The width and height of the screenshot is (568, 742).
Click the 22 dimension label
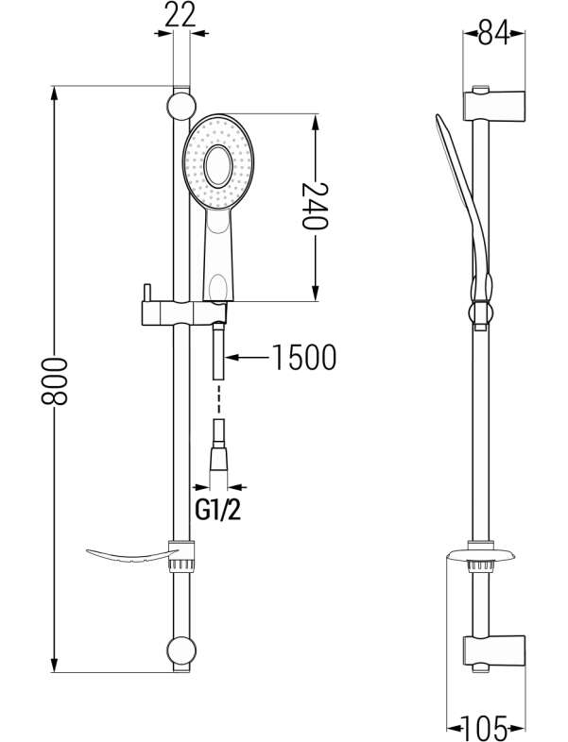click(x=181, y=15)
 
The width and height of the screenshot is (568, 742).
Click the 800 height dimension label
click(x=55, y=381)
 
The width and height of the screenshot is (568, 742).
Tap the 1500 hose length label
click(x=304, y=357)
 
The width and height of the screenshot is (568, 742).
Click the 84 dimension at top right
click(x=493, y=33)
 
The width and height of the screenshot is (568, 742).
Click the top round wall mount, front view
click(x=181, y=106)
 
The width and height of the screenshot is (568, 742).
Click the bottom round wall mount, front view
click(x=181, y=649)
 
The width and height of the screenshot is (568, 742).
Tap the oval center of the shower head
click(x=218, y=165)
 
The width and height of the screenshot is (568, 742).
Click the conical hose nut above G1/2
click(x=219, y=459)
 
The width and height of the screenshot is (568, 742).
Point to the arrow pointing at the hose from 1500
click(x=248, y=357)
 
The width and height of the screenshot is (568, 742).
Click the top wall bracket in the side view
click(x=493, y=108)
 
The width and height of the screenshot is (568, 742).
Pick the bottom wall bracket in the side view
click(x=493, y=651)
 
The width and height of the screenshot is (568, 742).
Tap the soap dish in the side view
click(x=482, y=556)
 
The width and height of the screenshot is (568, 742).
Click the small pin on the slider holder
click(x=146, y=293)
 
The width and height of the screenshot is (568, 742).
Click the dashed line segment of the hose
click(x=218, y=400)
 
